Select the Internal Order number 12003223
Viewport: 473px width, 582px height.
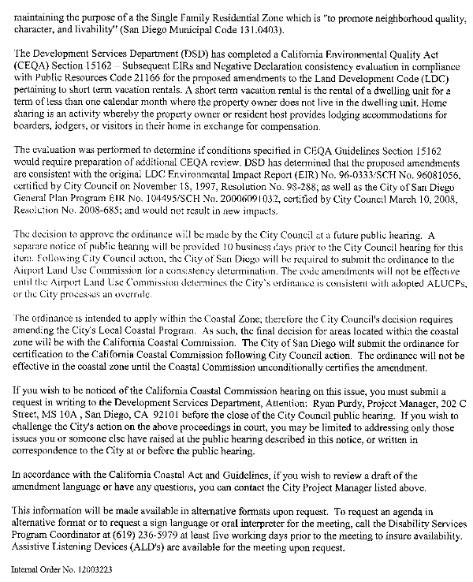[89, 567]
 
